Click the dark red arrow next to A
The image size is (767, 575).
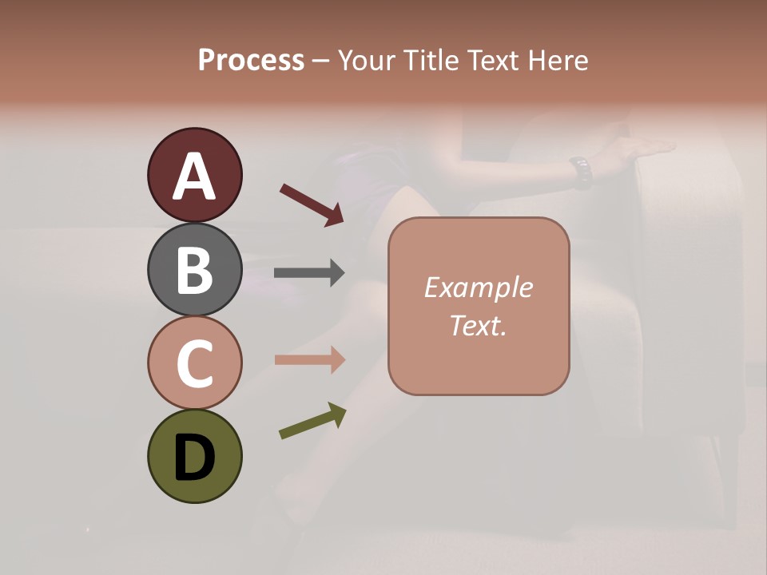click(312, 204)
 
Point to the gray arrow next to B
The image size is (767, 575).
click(309, 273)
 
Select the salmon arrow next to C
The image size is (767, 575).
click(309, 360)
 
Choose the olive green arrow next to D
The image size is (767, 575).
click(312, 421)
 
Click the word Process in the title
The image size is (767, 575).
click(251, 60)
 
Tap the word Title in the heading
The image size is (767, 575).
click(430, 60)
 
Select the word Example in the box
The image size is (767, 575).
click(478, 287)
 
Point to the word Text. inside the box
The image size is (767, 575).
click(478, 325)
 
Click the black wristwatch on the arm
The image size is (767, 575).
click(581, 172)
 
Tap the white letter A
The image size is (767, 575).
click(194, 176)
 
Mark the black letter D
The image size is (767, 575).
click(194, 458)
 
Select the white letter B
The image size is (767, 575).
click(194, 269)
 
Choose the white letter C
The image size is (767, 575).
click(194, 363)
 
